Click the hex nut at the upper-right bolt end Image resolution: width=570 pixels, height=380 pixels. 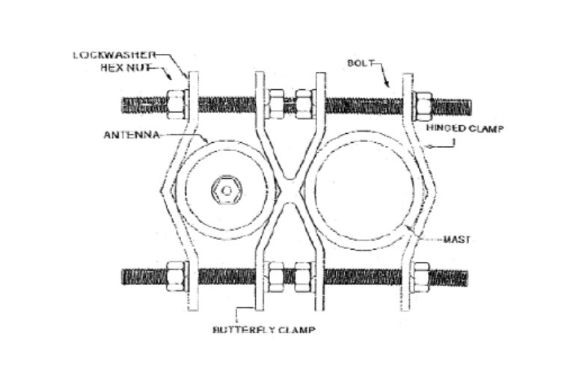(423, 105)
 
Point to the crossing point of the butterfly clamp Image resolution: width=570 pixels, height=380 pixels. (289, 191)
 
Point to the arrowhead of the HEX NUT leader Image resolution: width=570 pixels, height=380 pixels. (171, 78)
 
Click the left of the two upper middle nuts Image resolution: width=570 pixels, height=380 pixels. (275, 104)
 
